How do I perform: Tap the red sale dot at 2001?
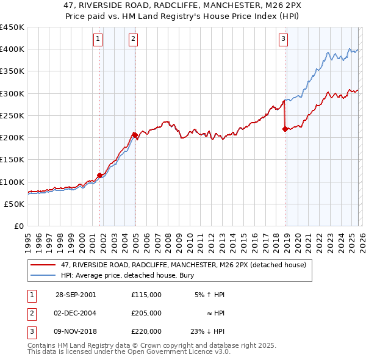(100, 175)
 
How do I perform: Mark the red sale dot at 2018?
(285, 129)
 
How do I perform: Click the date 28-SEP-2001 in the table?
(75, 295)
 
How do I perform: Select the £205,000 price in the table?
(146, 313)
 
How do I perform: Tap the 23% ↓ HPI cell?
(207, 331)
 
